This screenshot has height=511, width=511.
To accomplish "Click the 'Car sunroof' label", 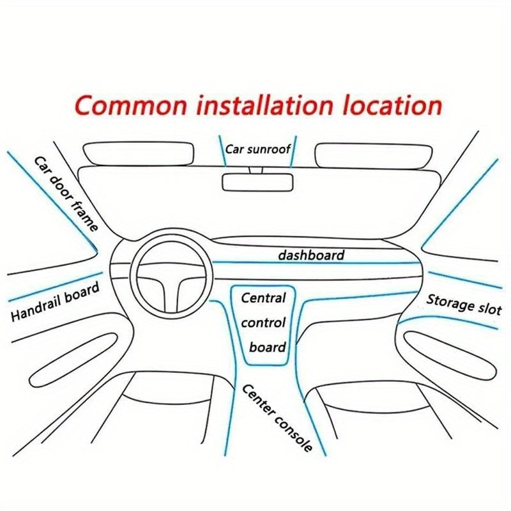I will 257,149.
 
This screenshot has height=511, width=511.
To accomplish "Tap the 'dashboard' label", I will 311,255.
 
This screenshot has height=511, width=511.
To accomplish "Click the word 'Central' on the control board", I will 263,298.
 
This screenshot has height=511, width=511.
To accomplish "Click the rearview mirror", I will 257,182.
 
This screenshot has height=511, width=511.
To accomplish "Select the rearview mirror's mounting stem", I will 257,169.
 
